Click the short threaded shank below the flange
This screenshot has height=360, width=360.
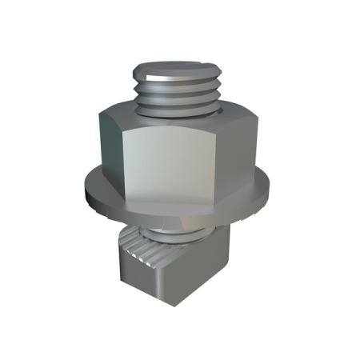[x=184, y=234]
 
